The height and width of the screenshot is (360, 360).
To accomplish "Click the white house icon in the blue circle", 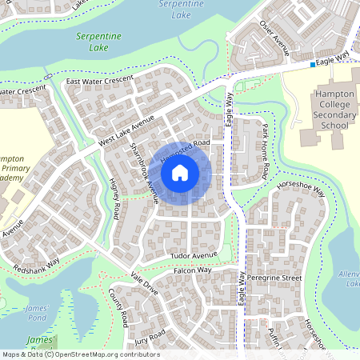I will tap(180, 172).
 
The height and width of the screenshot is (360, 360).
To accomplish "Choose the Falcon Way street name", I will tap(192, 270).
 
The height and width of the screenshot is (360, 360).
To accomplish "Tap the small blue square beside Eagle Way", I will tap(312, 64).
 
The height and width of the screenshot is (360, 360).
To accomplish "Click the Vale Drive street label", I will tap(144, 283).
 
